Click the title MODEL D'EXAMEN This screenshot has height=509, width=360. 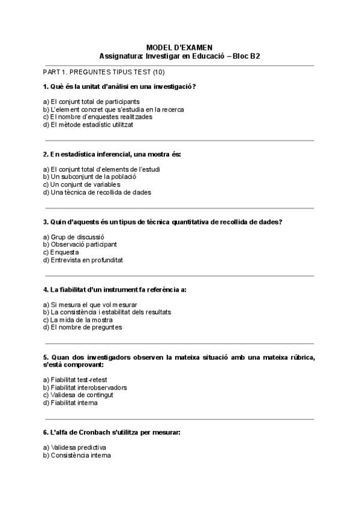click(179, 47)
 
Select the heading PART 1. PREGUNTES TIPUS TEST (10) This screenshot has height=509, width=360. click(100, 72)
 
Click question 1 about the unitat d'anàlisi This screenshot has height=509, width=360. click(119, 86)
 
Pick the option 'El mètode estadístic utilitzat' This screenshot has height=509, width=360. click(88, 125)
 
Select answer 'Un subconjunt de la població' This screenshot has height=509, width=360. click(90, 177)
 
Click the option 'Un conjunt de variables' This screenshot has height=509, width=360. click(82, 185)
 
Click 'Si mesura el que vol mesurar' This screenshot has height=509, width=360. click(90, 305)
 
